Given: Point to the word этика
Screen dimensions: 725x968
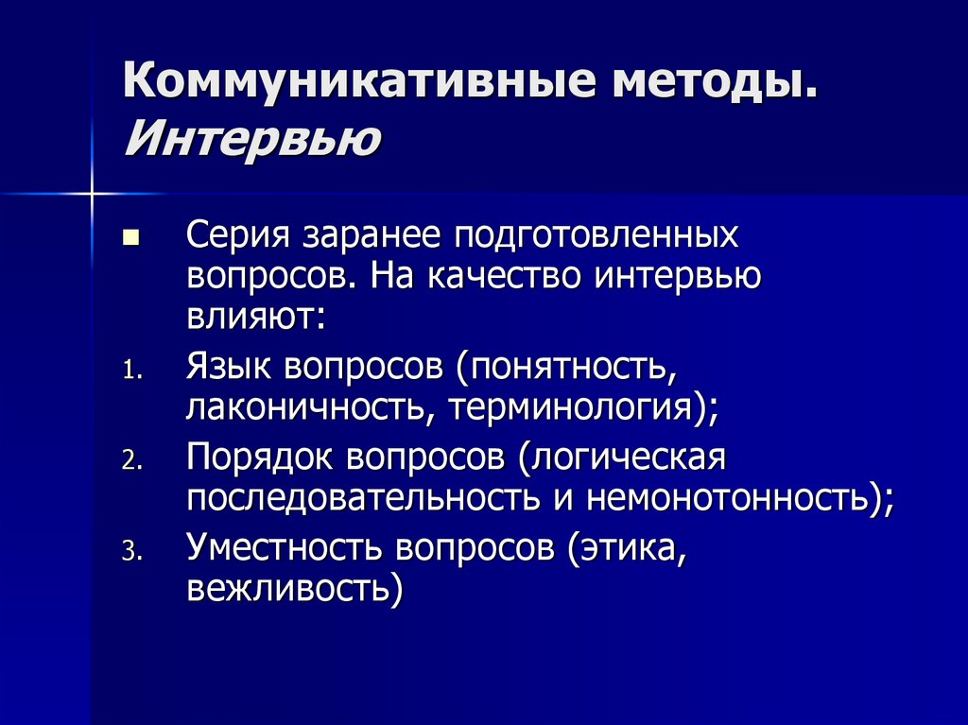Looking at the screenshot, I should point(629,547).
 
